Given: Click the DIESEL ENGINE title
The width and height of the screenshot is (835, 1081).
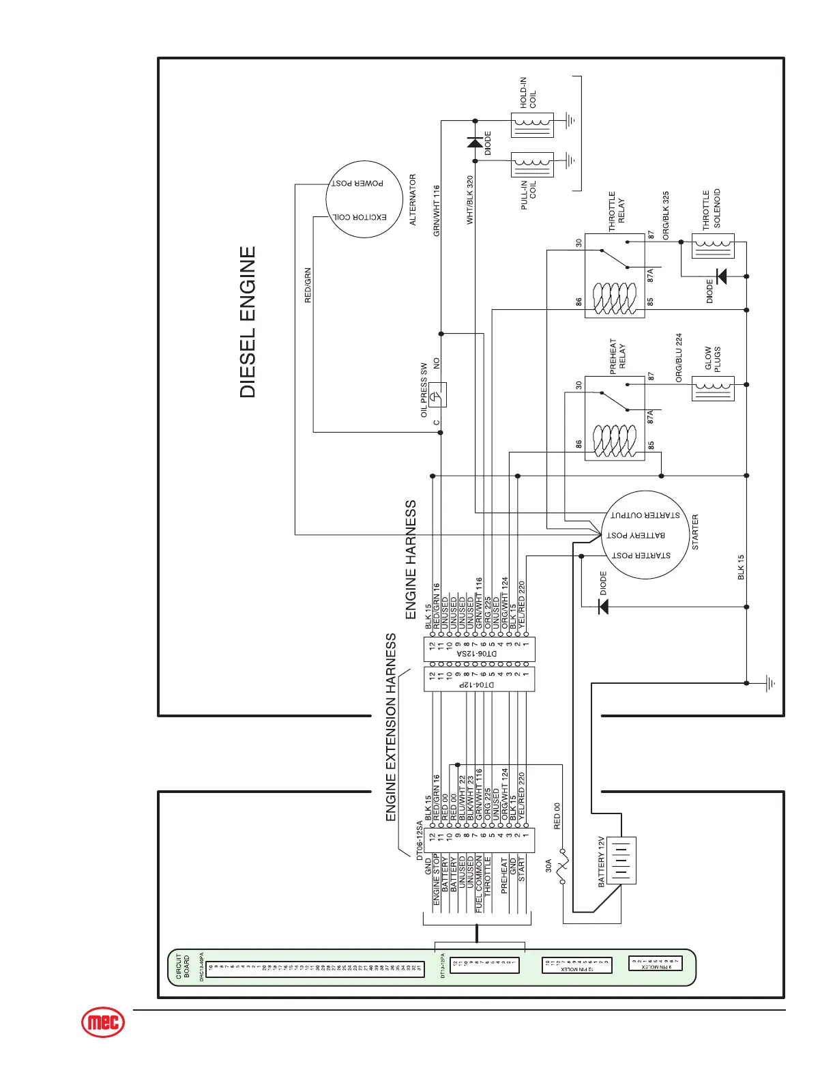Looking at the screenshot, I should (248, 322).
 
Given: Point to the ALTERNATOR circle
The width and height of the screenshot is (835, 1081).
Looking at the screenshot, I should (364, 200).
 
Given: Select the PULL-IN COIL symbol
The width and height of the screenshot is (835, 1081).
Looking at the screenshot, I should (532, 164).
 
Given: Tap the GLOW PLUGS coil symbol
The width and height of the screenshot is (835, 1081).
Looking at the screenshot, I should (713, 388).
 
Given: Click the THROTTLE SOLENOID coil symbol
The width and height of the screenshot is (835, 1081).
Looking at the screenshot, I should (713, 245).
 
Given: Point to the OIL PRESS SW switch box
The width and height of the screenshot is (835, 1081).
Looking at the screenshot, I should (438, 394).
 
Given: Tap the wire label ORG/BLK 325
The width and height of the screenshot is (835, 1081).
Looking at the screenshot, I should (666, 215).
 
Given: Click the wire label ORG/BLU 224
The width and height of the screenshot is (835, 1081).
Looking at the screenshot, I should (679, 358).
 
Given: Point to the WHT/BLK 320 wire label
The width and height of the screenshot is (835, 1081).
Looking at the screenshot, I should (470, 200).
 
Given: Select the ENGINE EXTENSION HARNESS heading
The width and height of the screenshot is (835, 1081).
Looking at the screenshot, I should (391, 727).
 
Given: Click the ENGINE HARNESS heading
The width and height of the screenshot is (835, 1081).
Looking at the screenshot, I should (411, 560).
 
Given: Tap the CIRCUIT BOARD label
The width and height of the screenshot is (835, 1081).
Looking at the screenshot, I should (183, 966).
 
